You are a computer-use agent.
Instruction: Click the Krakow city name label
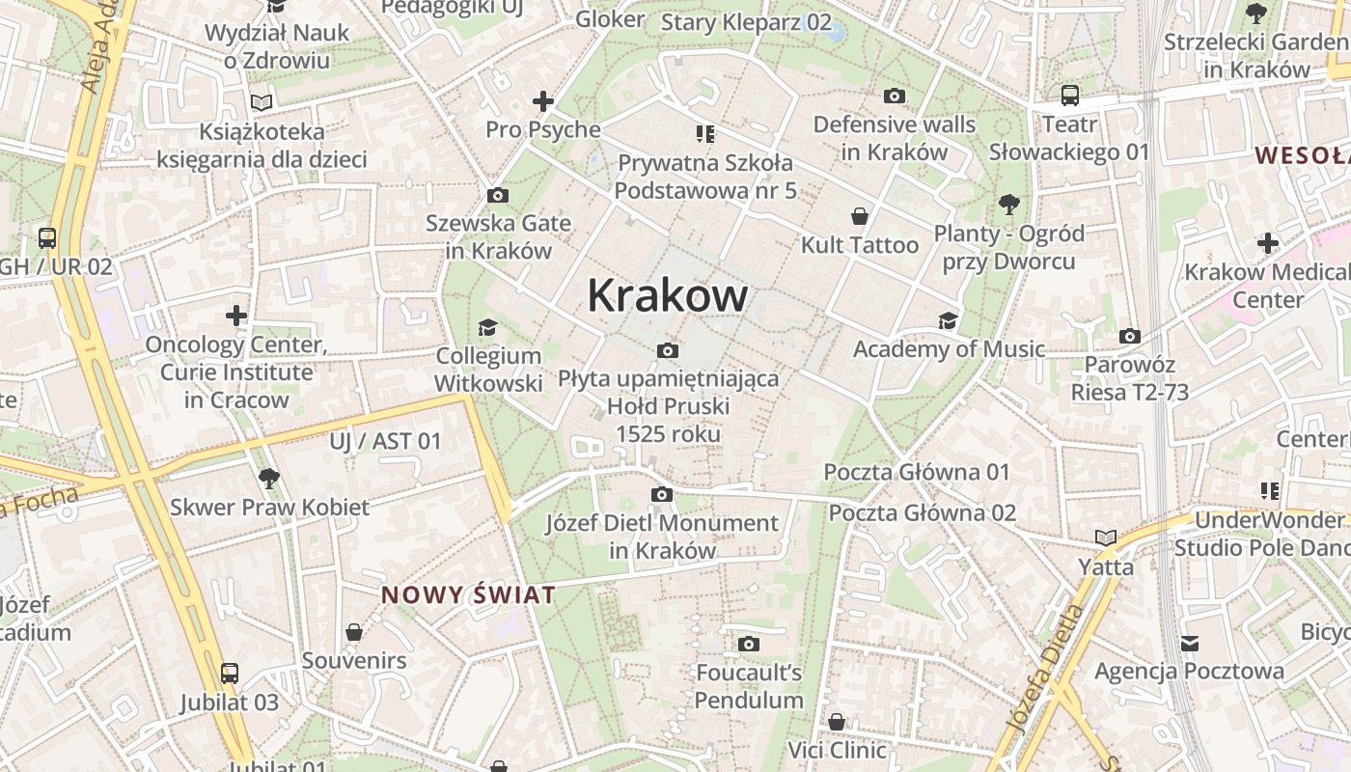[667, 295]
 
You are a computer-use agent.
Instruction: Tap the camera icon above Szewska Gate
[498, 196]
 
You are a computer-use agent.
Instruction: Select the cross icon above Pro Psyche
[543, 100]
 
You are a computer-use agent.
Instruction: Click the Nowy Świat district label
[468, 594]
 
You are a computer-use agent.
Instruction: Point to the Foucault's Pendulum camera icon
[749, 644]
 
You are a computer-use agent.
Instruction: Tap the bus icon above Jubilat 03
[229, 674]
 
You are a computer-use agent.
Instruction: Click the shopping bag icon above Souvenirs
[354, 633]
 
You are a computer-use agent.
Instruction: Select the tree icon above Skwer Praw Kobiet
[269, 478]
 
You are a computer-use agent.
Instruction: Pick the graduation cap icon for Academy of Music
[949, 320]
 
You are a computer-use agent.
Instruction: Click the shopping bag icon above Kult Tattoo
[860, 217]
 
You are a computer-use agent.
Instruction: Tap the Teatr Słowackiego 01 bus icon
[1069, 96]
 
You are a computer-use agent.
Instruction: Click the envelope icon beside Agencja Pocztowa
[1190, 643]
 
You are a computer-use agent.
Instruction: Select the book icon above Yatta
[1106, 538]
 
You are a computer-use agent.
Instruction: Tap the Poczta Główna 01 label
[916, 472]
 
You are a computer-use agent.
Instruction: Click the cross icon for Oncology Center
[236, 316]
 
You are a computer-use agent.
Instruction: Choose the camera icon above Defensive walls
[895, 96]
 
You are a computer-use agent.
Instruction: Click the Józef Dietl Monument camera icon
[661, 495]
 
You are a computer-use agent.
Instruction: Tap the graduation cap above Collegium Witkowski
[487, 328]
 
